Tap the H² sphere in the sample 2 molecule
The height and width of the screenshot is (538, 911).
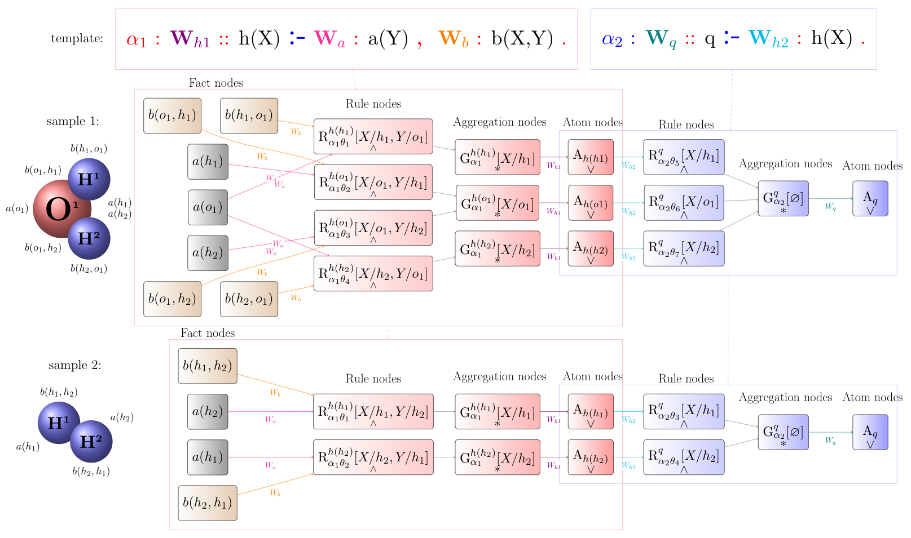[x=91, y=441]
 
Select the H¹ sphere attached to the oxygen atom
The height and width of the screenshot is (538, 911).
[x=89, y=179]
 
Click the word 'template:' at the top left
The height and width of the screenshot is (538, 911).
[x=77, y=39]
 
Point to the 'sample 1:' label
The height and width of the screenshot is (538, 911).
[x=73, y=121]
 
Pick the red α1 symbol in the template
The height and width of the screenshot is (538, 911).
[x=137, y=39]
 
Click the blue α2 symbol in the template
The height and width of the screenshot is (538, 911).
[x=612, y=39]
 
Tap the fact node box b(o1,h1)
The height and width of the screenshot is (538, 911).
[x=172, y=115]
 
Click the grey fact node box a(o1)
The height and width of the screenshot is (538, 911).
[x=208, y=207]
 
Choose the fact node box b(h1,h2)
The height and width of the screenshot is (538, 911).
[x=208, y=366]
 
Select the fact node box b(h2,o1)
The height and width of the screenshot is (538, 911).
[x=249, y=299]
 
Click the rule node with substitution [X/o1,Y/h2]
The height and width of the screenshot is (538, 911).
[x=373, y=228]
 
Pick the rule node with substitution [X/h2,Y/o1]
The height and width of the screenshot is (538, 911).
[x=373, y=274]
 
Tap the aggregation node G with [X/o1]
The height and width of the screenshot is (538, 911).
[x=497, y=203]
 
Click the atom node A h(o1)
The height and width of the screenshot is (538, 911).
[x=591, y=203]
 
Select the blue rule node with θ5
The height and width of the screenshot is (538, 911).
[x=684, y=157]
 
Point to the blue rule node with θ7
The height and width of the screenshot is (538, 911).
[x=684, y=248]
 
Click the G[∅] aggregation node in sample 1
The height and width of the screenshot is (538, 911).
[x=783, y=198]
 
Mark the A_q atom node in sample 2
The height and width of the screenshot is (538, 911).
[x=870, y=432]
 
